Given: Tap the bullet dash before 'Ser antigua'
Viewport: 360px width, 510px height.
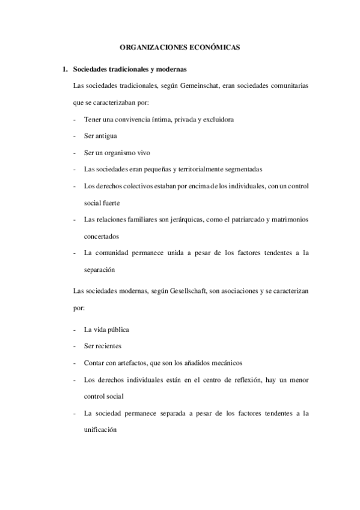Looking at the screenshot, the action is tap(73, 136).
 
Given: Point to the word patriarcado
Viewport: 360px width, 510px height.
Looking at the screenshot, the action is tap(240, 220).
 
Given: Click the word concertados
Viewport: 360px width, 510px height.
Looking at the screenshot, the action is tap(102, 236).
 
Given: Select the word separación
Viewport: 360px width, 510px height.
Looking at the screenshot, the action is tap(99, 271).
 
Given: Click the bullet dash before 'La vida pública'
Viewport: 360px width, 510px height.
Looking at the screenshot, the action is tap(73, 330).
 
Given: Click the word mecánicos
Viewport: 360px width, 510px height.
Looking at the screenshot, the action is tap(225, 363).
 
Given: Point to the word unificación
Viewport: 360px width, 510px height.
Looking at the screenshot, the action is tap(100, 431).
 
